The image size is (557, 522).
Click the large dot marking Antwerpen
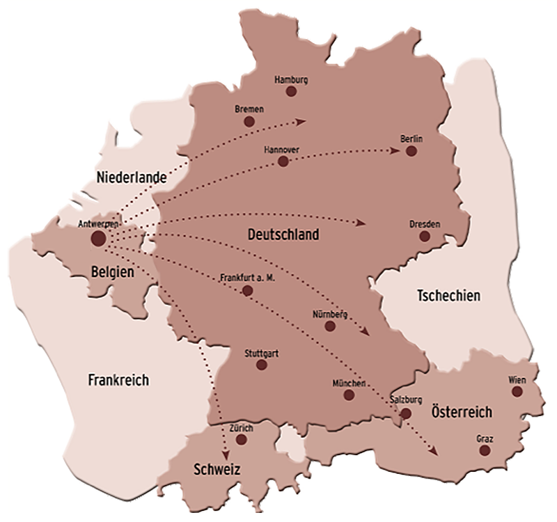(98, 239)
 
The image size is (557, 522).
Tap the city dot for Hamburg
(291, 91)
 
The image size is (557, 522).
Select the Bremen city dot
(249, 121)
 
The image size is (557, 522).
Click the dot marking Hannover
(283, 161)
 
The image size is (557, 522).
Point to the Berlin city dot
(411, 150)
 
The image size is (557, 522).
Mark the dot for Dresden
(426, 237)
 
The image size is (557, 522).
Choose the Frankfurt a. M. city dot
(247, 290)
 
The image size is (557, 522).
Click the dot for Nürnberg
(331, 326)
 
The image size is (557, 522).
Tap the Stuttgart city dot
(262, 364)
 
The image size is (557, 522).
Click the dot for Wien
(517, 391)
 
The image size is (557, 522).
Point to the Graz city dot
(485, 450)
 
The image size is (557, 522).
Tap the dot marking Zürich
(242, 439)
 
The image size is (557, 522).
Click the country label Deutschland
(283, 235)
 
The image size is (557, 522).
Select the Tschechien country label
(448, 296)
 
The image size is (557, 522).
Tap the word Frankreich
(119, 380)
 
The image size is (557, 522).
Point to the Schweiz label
(217, 470)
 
